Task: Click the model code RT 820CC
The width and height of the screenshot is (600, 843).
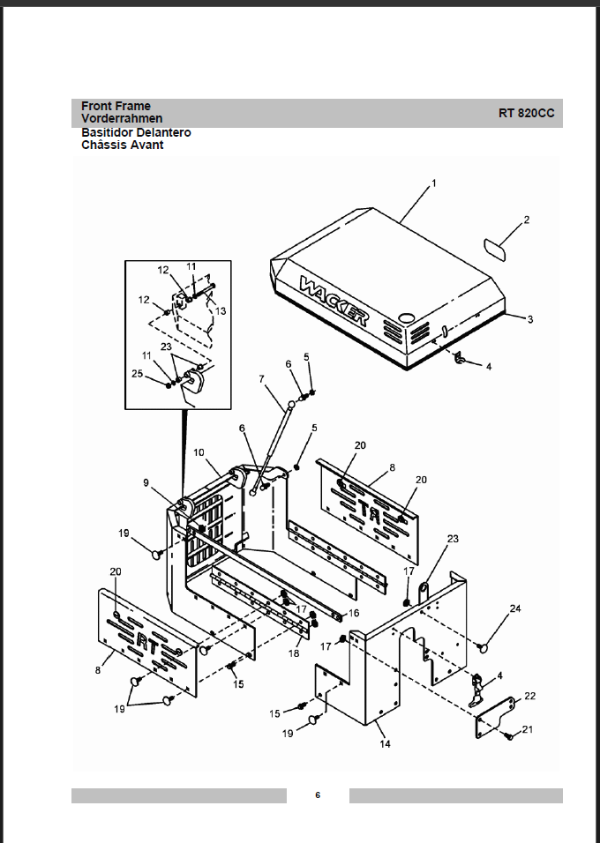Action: coord(526,113)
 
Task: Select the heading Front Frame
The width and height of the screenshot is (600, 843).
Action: coord(116,106)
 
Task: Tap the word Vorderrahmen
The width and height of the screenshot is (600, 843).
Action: coord(122,118)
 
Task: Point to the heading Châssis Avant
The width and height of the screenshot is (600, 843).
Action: coord(122,145)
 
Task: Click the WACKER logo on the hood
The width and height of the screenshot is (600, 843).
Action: coord(334,301)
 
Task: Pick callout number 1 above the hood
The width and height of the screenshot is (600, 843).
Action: coord(434,183)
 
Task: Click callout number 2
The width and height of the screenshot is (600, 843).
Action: coord(526,220)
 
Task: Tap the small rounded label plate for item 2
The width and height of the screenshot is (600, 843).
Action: coord(495,250)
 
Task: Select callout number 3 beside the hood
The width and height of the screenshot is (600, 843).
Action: coord(530,319)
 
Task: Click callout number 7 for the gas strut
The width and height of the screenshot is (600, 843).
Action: coord(261,379)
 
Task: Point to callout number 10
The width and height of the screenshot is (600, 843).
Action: coord(199,452)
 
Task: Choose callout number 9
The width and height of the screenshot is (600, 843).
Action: coord(146,483)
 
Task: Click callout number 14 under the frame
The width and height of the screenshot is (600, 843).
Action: coord(385,744)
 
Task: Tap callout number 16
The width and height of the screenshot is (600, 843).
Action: coord(354,613)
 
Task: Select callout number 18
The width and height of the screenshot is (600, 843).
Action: coord(294,653)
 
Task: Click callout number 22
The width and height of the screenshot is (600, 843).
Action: coord(530,696)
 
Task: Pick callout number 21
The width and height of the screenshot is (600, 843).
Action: coord(528,729)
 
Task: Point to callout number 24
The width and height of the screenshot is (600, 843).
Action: coord(515,608)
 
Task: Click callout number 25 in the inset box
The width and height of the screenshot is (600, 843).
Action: coord(138,373)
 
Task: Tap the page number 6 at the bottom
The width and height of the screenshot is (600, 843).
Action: coord(318,795)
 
